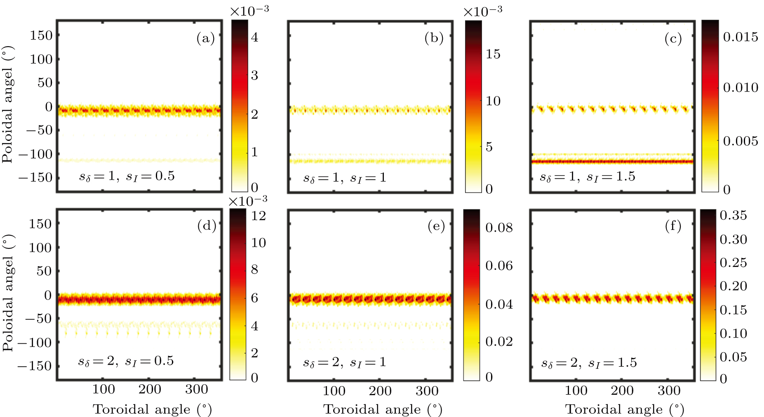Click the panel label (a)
pos(205,39)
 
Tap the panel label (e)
pos(436,226)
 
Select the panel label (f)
pos(673,226)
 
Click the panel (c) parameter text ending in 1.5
pos(588,177)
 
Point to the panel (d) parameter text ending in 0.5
pos(126,361)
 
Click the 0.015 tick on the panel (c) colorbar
pos(740,37)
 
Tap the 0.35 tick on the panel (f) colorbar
pos(733,215)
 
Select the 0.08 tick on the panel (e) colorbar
pos(499,227)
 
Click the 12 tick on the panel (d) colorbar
pos(259,216)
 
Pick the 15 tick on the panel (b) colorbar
pos(493,54)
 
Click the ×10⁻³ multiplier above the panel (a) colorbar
pos(249,11)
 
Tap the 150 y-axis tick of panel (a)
pos(41,35)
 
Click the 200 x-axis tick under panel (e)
pos(380,391)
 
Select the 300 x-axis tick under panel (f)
pos(669,391)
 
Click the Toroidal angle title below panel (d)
pos(152,409)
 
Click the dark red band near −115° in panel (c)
pos(612,162)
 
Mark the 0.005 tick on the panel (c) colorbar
pos(740,141)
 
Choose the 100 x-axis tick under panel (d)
pos(103,389)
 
